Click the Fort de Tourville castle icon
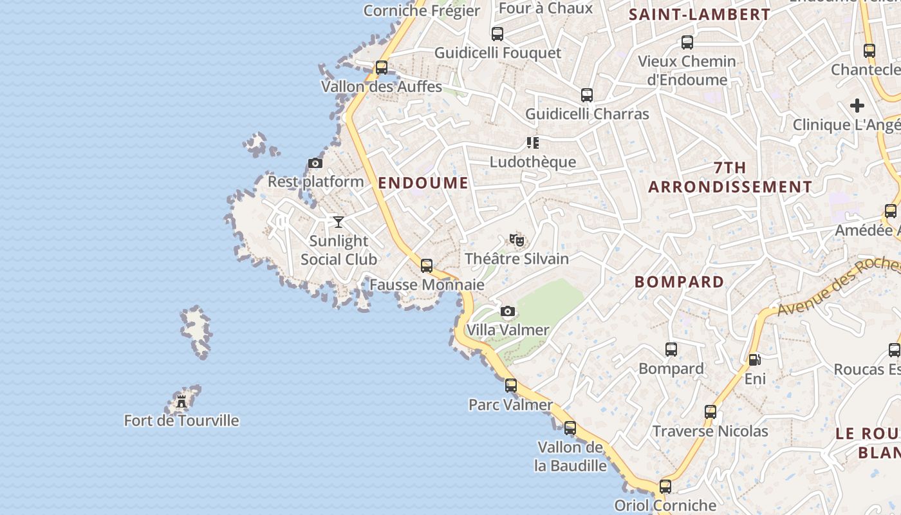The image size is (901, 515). coord(181,402)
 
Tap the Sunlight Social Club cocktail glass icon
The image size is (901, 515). coord(339,222)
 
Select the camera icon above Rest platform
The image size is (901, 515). coord(315,163)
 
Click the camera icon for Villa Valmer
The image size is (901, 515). coord(508,312)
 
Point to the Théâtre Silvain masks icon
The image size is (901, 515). coord(516,240)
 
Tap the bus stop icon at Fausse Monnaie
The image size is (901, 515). coord(426,265)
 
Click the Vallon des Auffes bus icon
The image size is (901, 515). coord(381,67)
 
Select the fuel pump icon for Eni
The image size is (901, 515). coord(754,360)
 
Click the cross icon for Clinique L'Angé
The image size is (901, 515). coord(857,106)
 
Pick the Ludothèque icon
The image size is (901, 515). coord(532,142)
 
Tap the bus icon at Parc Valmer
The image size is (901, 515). coord(510,386)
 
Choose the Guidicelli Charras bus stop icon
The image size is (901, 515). coord(586,95)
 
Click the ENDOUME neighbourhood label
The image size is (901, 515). coord(423,183)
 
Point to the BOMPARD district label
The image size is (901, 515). coord(679,282)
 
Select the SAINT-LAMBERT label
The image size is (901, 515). coord(699,15)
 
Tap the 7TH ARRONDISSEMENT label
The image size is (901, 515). coord(730,178)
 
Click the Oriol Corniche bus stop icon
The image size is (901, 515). coord(665,487)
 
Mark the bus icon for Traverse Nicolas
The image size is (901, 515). coord(710,412)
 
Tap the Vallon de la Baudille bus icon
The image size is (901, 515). coord(570,428)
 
